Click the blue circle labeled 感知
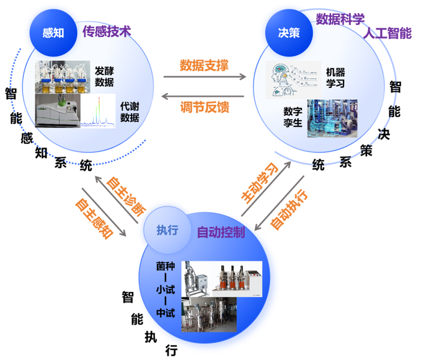(x=53, y=33)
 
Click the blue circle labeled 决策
(x=289, y=33)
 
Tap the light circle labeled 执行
(x=167, y=230)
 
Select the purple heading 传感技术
(x=107, y=32)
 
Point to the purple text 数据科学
(x=340, y=19)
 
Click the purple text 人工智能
(x=387, y=33)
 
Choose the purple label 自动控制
(x=221, y=232)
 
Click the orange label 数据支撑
(x=204, y=65)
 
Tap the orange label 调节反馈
(x=205, y=107)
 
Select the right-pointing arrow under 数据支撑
(x=205, y=77)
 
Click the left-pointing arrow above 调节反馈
(x=203, y=96)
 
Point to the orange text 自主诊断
(x=126, y=196)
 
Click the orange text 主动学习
(x=260, y=183)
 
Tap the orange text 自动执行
(x=289, y=209)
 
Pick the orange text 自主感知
(x=94, y=218)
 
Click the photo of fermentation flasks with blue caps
(x=63, y=77)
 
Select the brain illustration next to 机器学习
(x=293, y=80)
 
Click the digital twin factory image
(x=332, y=118)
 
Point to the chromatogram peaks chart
(x=98, y=111)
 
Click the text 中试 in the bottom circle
(x=166, y=313)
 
